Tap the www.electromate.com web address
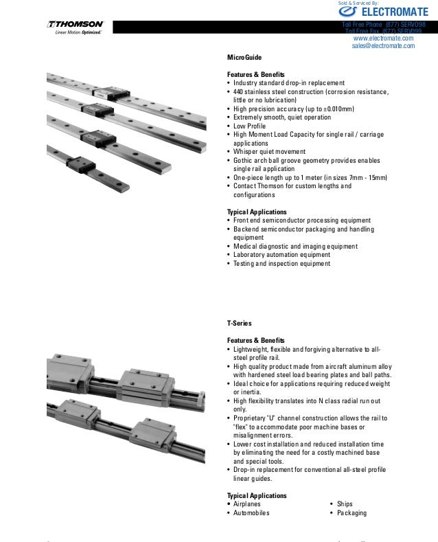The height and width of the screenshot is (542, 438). pyautogui.click(x=383, y=38)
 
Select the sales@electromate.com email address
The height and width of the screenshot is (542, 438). pyautogui.click(x=383, y=47)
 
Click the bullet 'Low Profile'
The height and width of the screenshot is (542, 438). pyautogui.click(x=250, y=126)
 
